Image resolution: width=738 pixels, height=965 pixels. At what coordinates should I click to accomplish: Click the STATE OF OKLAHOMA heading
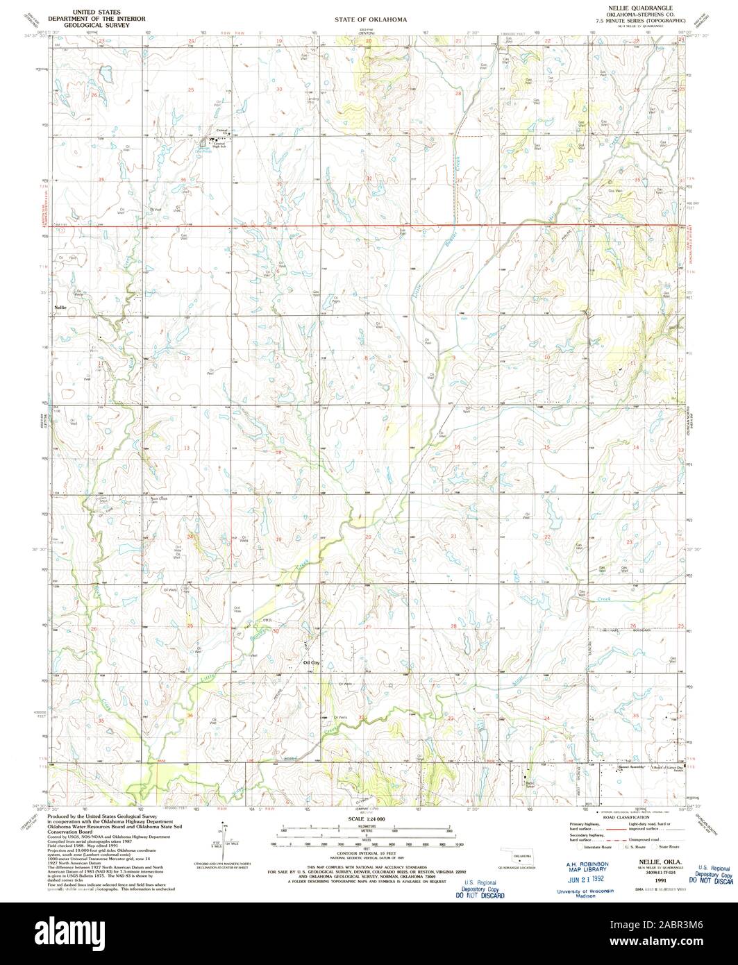369,20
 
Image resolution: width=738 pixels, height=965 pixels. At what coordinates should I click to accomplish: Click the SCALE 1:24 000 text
369,820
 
